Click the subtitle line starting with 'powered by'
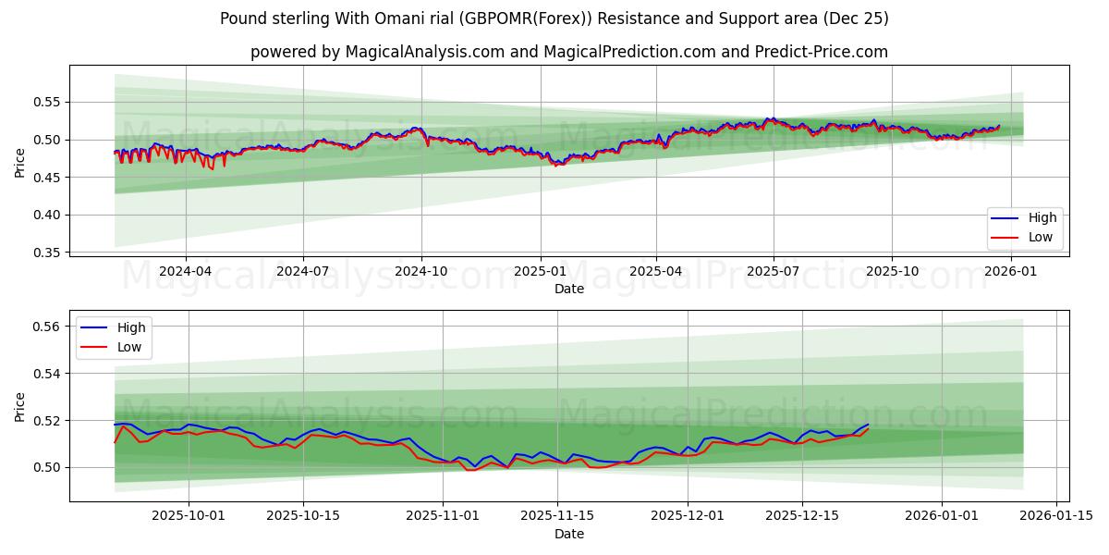(568, 52)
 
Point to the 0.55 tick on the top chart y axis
(47, 102)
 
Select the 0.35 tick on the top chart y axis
(47, 253)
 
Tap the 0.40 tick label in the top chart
(47, 215)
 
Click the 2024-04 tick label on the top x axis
(186, 272)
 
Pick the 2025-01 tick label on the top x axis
(539, 272)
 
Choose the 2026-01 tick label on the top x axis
(1010, 272)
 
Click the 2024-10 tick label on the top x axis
(421, 272)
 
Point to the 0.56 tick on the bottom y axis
(47, 327)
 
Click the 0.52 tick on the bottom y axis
(47, 421)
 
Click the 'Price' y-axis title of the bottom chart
(20, 406)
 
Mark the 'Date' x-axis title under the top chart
(568, 289)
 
